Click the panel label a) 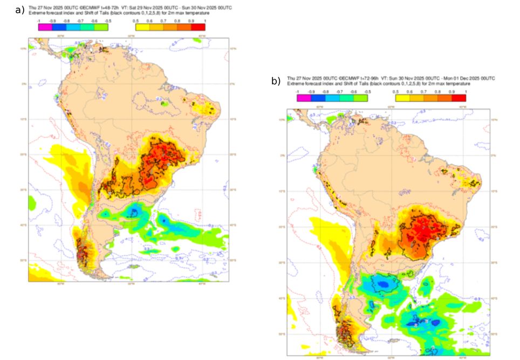coord(20,10)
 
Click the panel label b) coord(276,81)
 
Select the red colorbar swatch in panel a coord(199,27)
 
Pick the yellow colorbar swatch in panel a coord(142,27)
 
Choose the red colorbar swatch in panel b coord(459,98)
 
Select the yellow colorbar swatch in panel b coord(402,98)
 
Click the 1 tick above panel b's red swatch coord(466,92)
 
